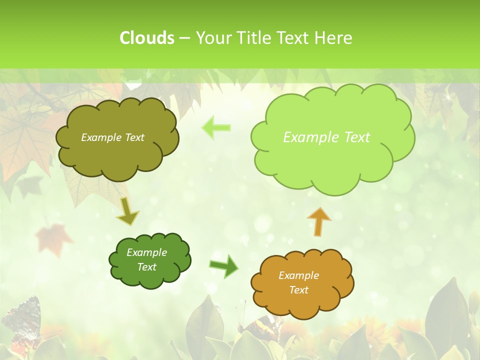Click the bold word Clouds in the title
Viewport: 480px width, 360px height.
click(x=146, y=38)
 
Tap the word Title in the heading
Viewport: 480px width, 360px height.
click(x=253, y=38)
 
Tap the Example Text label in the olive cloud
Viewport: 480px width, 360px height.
click(x=112, y=137)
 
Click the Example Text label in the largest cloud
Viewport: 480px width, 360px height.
click(x=326, y=137)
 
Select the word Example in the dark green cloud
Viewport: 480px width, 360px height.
click(x=146, y=252)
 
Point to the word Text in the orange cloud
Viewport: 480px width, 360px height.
click(x=298, y=290)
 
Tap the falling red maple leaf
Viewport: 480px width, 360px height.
click(x=53, y=237)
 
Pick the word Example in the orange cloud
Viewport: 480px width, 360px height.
click(x=298, y=275)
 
